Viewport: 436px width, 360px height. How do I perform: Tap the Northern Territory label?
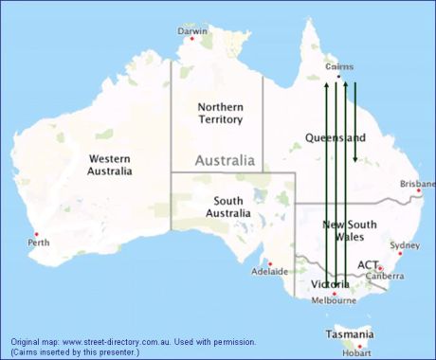click(220, 113)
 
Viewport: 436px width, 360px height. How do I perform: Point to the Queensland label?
click(335, 137)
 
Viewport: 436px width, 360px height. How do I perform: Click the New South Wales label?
click(352, 231)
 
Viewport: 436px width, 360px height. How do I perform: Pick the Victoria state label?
click(330, 284)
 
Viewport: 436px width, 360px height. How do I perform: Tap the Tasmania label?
click(349, 334)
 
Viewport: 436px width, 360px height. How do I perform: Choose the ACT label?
click(369, 265)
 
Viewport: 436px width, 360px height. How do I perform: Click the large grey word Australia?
click(225, 161)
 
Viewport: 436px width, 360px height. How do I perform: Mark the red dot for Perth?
click(36, 234)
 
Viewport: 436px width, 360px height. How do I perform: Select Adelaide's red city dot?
click(270, 264)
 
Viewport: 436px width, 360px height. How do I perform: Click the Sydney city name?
click(404, 245)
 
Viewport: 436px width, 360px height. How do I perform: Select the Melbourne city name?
click(333, 301)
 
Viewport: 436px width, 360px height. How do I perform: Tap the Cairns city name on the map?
click(339, 67)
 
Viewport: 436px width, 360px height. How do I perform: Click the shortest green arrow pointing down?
click(355, 123)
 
